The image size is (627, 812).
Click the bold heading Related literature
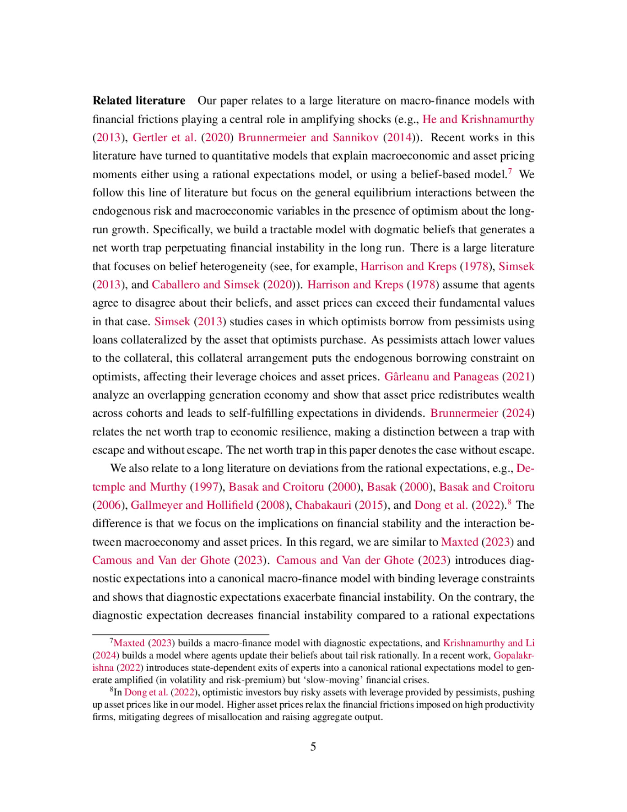139,101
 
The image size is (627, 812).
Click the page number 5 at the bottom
313,747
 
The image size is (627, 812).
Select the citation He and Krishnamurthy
478,119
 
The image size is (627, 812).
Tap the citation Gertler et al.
165,138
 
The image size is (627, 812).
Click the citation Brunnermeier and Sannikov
308,138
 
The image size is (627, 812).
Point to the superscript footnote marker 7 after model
510,171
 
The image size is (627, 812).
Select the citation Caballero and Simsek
206,285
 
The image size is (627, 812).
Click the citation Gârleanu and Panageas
441,377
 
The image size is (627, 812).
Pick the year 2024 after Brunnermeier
518,413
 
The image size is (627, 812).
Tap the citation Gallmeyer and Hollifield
192,505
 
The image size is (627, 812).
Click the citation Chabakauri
323,505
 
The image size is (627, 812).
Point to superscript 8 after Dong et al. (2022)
509,502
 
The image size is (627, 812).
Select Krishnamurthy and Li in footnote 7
489,643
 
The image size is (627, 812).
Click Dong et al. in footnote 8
146,692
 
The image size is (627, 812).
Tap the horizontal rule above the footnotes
180,635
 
